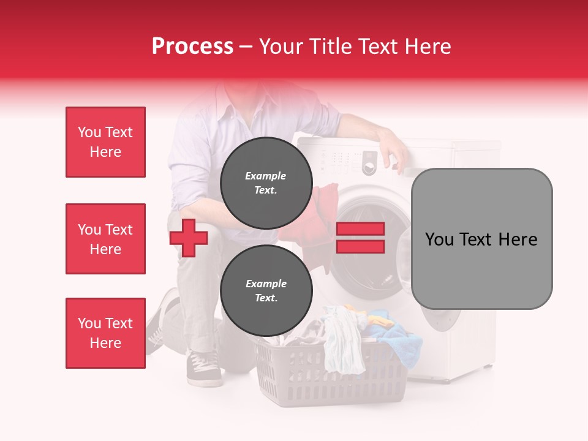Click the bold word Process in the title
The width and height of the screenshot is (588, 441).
coord(192,46)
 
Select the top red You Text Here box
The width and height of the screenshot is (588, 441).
coord(105,142)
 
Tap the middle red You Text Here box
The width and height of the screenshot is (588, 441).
coord(105,239)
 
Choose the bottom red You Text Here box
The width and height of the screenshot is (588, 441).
coord(105,333)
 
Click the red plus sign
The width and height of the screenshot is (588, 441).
coord(189,238)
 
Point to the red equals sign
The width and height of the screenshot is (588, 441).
coord(360,238)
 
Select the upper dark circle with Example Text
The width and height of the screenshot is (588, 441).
coord(266,183)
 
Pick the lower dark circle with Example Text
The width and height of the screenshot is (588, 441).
coord(266,290)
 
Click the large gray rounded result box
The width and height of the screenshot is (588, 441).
coord(481,239)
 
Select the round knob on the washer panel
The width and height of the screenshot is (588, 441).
coord(369,167)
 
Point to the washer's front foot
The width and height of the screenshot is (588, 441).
coord(484,367)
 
